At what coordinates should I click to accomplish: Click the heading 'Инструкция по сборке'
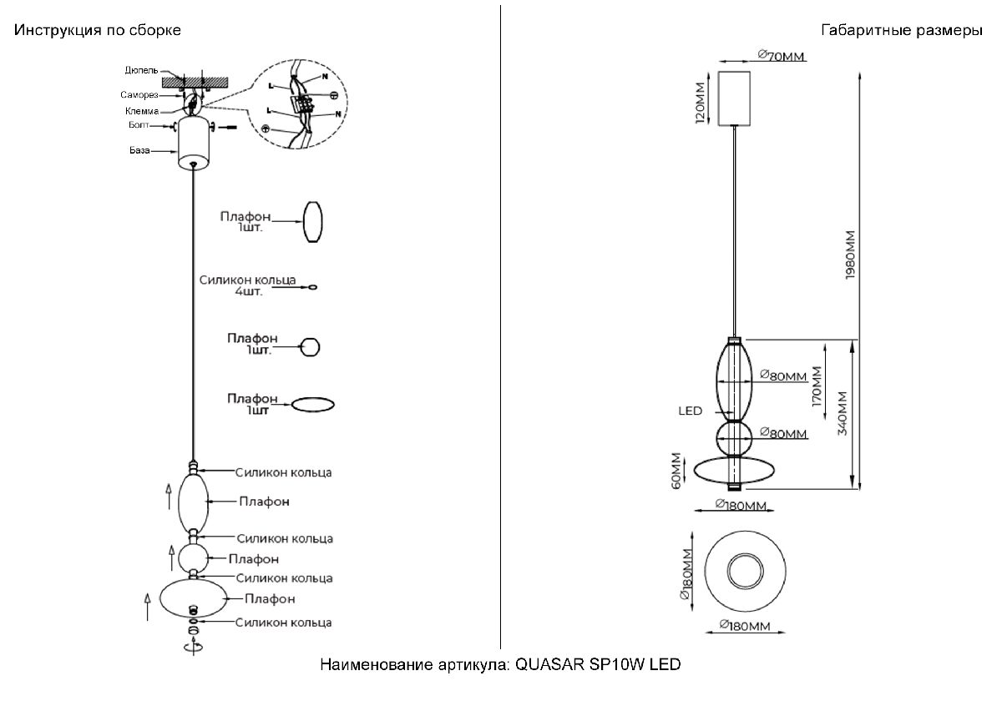click(x=98, y=31)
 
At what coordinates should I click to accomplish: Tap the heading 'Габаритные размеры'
click(x=902, y=31)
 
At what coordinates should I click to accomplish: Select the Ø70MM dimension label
click(x=782, y=55)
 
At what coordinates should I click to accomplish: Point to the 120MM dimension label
click(x=701, y=98)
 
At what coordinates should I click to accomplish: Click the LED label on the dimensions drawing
click(x=690, y=411)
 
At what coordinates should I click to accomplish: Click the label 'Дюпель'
click(x=142, y=70)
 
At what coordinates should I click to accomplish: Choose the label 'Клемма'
click(x=142, y=111)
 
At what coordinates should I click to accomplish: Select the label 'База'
click(x=139, y=151)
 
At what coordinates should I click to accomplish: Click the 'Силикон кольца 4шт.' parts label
click(x=248, y=287)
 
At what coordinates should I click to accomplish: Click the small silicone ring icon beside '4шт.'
click(x=312, y=288)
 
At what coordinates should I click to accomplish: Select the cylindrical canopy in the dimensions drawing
click(x=736, y=98)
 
